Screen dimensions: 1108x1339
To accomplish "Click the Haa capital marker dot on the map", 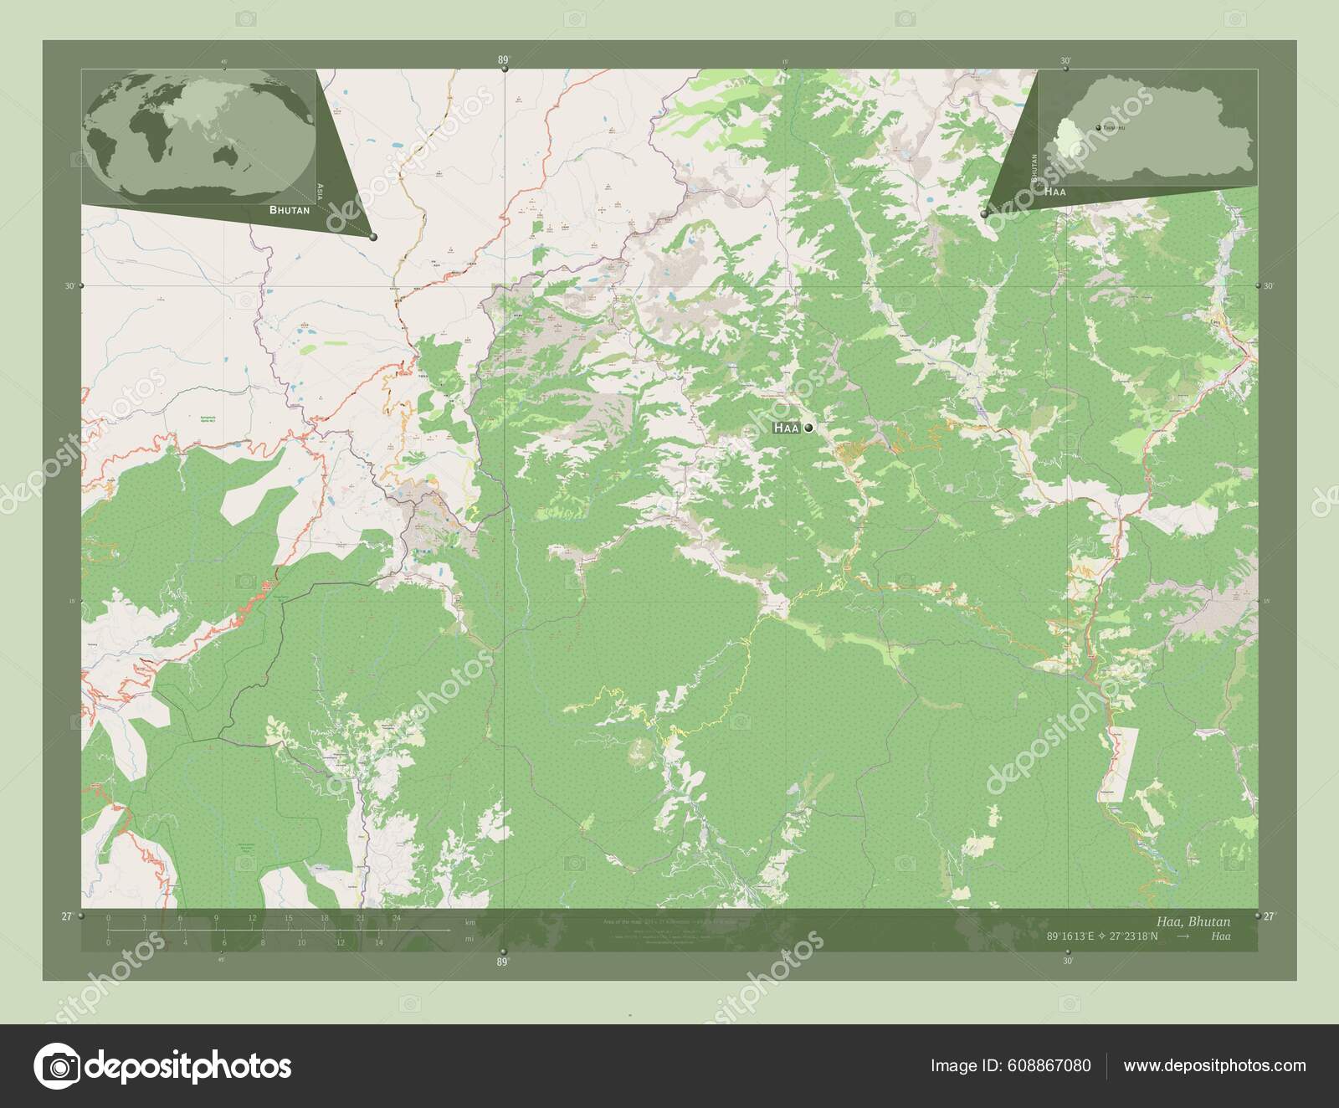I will pyautogui.click(x=808, y=428).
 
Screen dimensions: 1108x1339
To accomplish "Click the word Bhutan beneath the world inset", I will pyautogui.click(x=290, y=210).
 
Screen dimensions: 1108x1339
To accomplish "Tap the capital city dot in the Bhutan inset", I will pyautogui.click(x=1098, y=127).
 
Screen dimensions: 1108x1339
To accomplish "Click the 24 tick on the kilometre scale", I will pyautogui.click(x=397, y=918).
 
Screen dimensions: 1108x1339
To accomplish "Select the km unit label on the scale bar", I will pyautogui.click(x=471, y=922).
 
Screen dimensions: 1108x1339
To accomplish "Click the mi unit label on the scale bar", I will pyautogui.click(x=471, y=940).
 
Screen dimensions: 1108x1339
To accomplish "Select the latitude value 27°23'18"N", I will pyautogui.click(x=1130, y=936).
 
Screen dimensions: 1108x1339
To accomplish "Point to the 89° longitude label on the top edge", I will pyautogui.click(x=503, y=59).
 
